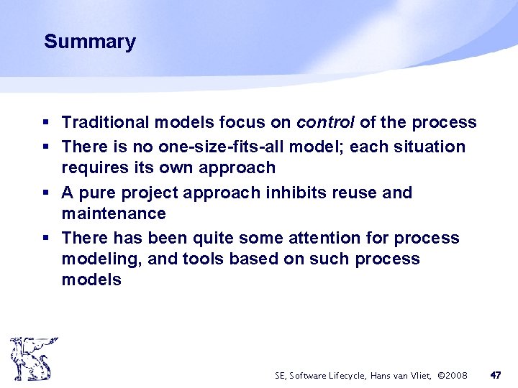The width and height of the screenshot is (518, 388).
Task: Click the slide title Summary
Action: coord(89,42)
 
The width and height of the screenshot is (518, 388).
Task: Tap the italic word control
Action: coord(325,123)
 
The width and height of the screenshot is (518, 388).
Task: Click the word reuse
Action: coord(360,193)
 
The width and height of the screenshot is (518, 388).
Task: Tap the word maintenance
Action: coord(114,214)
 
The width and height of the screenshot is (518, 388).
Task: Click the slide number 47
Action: coord(495,375)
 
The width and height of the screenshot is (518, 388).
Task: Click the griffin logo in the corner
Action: coord(30,359)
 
